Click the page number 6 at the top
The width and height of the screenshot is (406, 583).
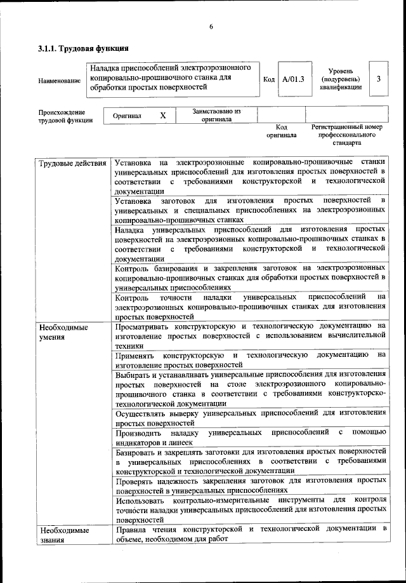click(211, 26)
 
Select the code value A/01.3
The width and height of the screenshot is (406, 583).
click(294, 79)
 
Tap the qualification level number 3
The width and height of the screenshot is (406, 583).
click(378, 79)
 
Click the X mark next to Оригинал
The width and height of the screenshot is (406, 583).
click(162, 116)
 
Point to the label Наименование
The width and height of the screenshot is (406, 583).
click(60, 80)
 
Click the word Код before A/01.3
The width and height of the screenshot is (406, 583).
click(268, 79)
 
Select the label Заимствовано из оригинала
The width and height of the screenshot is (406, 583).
click(216, 115)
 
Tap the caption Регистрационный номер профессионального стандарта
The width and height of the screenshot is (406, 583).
click(346, 135)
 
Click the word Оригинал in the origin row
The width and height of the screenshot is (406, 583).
click(127, 116)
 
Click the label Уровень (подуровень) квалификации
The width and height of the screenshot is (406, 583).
click(341, 79)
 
